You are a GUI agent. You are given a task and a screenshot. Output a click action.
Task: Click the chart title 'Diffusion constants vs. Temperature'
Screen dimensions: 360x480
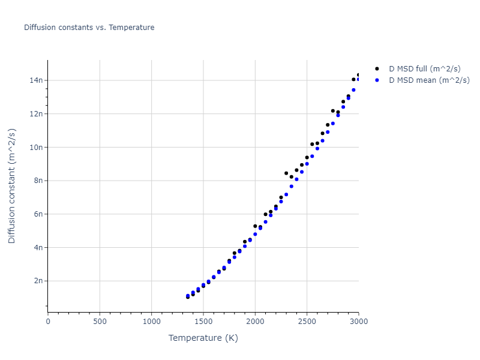point(89,28)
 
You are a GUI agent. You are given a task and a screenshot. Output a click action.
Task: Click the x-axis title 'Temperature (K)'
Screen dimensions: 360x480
point(203,338)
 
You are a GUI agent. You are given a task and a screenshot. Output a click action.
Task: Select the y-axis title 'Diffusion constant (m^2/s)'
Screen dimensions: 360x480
point(12,186)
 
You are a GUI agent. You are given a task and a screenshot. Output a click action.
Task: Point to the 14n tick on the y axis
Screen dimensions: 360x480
point(37,80)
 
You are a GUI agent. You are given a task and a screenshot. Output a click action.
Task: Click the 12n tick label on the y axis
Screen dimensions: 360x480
point(37,114)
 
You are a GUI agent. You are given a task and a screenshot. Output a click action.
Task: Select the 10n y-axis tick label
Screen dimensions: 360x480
point(37,147)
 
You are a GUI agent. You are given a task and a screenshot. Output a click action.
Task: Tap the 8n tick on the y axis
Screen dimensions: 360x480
point(38,181)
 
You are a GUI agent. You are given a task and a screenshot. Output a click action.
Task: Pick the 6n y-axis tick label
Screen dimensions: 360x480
point(38,214)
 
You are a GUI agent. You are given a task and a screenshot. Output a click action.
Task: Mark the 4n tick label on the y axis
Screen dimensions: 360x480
point(38,247)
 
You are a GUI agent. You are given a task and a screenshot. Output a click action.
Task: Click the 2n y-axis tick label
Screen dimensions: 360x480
point(38,281)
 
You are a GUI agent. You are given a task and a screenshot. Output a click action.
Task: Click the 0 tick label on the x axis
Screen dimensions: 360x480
point(48,322)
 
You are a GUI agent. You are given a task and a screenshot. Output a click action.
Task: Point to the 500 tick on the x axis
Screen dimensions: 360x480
point(100,322)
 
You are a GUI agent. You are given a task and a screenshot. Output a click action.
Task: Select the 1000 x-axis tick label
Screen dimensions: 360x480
point(151,322)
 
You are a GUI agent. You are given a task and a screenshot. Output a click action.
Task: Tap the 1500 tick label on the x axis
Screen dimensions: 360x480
point(203,322)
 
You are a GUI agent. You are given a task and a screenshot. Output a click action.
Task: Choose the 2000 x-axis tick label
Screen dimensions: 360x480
point(255,322)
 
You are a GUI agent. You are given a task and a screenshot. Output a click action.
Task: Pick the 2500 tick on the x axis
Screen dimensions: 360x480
point(307,322)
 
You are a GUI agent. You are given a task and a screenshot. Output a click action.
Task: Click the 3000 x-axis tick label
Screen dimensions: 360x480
point(358,322)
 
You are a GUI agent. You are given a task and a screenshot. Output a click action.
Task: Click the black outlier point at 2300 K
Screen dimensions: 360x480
point(286,173)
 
